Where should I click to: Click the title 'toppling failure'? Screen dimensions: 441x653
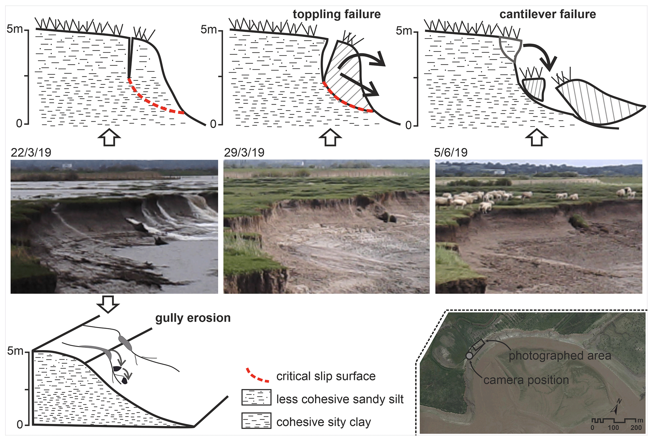[x=336, y=14]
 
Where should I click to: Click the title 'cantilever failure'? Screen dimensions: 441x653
[x=547, y=14]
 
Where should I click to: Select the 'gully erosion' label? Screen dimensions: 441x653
[x=193, y=318]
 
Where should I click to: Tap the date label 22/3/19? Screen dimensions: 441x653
[x=31, y=152]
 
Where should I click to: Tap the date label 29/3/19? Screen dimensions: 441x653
[x=244, y=152]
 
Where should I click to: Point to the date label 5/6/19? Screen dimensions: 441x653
[x=450, y=152]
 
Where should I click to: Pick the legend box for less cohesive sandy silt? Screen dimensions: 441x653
[x=256, y=397]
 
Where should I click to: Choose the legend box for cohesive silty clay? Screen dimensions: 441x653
[x=256, y=420]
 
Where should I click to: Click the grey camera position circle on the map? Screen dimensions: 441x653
[x=469, y=356]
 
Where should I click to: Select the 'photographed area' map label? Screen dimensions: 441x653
[x=559, y=356]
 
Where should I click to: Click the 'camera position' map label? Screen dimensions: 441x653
[x=526, y=380]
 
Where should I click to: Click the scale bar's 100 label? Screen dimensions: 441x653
[x=613, y=428]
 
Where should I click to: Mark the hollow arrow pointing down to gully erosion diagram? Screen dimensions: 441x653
[x=108, y=304]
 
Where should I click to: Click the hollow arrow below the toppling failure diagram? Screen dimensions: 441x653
[x=330, y=137]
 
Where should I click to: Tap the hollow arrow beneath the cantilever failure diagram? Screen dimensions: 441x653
[x=536, y=137]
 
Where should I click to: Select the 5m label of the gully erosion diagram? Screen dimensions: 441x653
[x=15, y=351]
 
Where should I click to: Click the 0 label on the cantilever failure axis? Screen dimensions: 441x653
[x=408, y=126]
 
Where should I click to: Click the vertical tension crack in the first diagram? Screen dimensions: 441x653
[x=130, y=57]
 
